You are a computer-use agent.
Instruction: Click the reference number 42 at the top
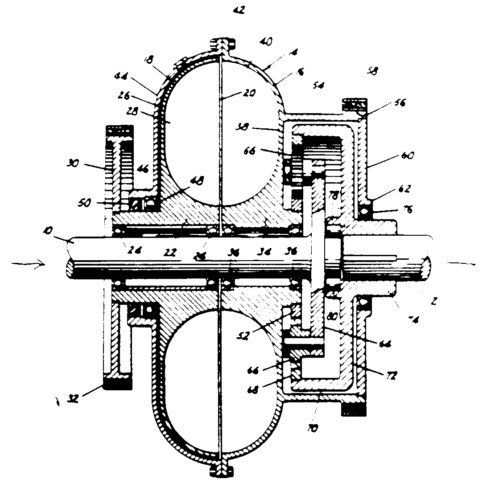[x=239, y=9]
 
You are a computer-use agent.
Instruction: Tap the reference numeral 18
[x=149, y=60]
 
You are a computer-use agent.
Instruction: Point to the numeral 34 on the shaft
[x=264, y=252]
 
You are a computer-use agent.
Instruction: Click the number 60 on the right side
[x=407, y=156]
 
